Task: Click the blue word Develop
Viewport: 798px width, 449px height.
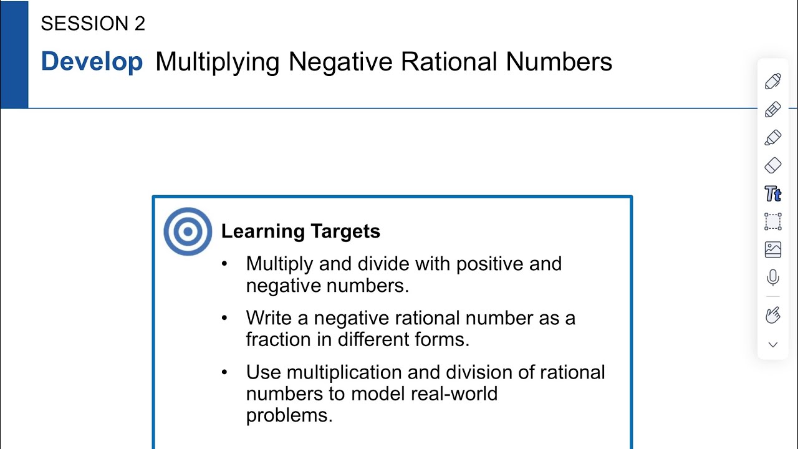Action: pyautogui.click(x=92, y=61)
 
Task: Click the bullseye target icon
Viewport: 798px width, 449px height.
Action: pyautogui.click(x=188, y=231)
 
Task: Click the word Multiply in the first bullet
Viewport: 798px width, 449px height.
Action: pyautogui.click(x=279, y=264)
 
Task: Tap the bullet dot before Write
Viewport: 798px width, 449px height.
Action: pyautogui.click(x=224, y=318)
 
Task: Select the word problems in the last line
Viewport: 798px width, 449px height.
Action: pyautogui.click(x=289, y=416)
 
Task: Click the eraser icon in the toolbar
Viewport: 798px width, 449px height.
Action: pyautogui.click(x=773, y=165)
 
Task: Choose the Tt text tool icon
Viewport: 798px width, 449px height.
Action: pyautogui.click(x=773, y=194)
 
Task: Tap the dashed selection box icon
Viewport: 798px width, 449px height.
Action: pyautogui.click(x=773, y=221)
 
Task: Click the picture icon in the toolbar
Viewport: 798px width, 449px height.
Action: pyautogui.click(x=773, y=249)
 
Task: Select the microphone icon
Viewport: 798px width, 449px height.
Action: pyautogui.click(x=773, y=278)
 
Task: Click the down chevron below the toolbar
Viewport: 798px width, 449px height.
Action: pyautogui.click(x=773, y=345)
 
